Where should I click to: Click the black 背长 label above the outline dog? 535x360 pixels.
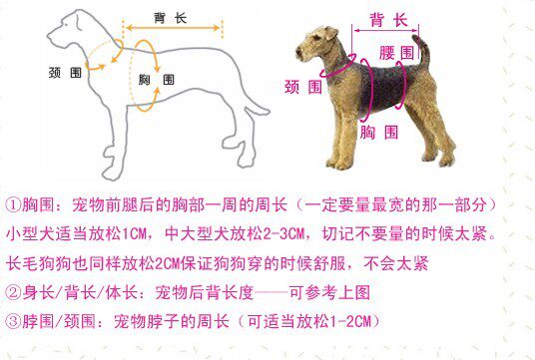coord(170,18)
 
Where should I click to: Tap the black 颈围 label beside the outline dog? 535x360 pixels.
coord(65,73)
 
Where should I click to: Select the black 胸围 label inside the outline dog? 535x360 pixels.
coord(157,80)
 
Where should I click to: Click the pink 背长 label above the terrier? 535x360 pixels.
coord(388,20)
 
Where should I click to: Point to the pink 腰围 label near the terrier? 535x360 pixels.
coord(396,53)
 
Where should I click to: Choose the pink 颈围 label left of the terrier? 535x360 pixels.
coord(303,87)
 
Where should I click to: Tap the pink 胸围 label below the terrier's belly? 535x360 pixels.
coord(379,132)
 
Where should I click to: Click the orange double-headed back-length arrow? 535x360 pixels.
coord(173,28)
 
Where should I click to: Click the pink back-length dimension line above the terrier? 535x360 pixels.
coord(386,31)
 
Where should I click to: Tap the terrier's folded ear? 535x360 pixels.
coord(330,34)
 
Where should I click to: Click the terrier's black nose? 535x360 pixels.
coord(297,52)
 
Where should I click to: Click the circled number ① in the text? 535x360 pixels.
coord(13,205)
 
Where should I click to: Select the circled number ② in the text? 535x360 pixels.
coord(13,292)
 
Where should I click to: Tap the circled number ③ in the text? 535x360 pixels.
coord(13,321)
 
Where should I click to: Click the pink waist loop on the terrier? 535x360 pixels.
coord(404,85)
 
